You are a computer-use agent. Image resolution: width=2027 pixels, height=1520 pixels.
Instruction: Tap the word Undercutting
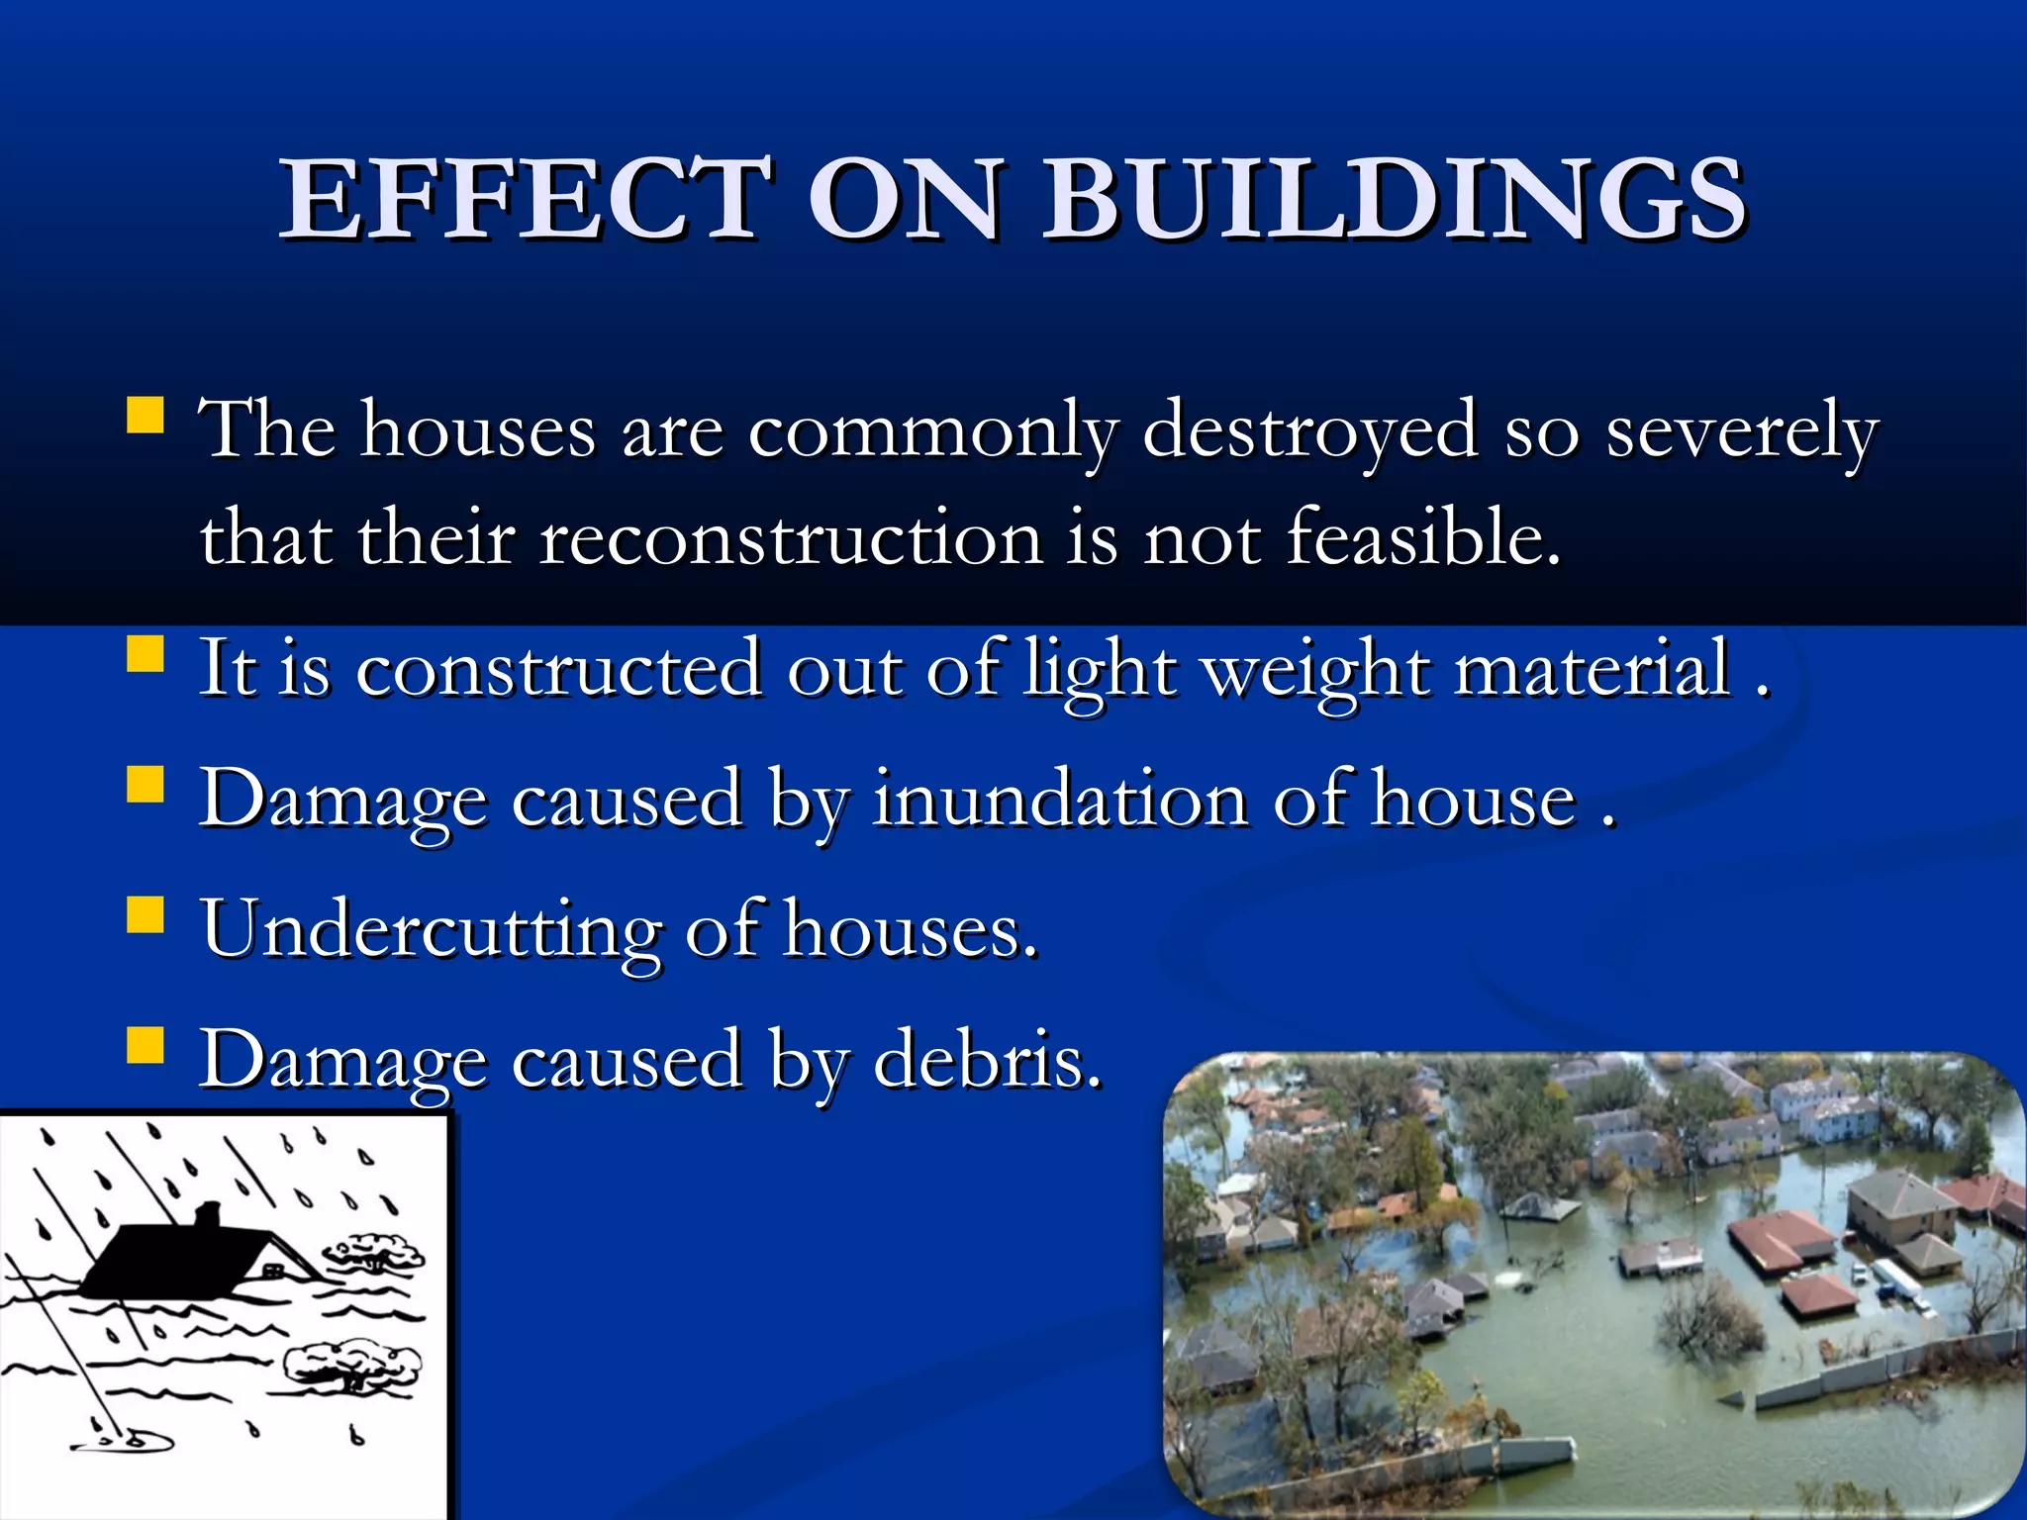pos(431,931)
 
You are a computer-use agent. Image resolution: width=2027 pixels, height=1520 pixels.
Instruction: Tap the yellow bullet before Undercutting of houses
pos(145,915)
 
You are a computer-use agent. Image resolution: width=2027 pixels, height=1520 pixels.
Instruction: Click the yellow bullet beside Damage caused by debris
pos(145,1044)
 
